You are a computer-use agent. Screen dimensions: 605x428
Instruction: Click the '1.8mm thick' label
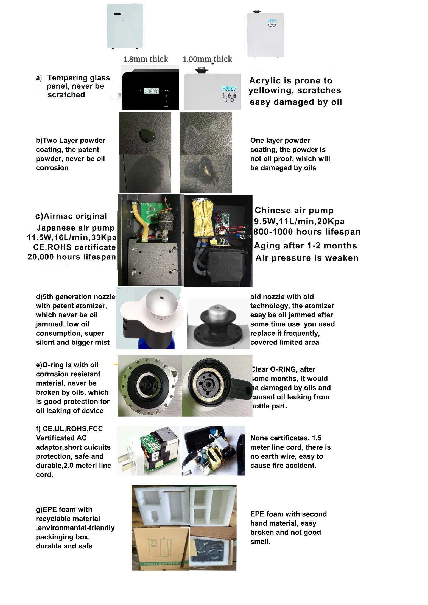point(146,59)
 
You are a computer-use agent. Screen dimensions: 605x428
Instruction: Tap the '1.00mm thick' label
point(207,59)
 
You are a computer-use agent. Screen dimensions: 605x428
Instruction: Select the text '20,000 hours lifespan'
point(72,257)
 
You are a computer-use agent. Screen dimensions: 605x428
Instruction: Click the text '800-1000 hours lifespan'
point(307,232)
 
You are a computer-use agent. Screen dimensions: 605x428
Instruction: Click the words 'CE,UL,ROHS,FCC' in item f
point(73,429)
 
